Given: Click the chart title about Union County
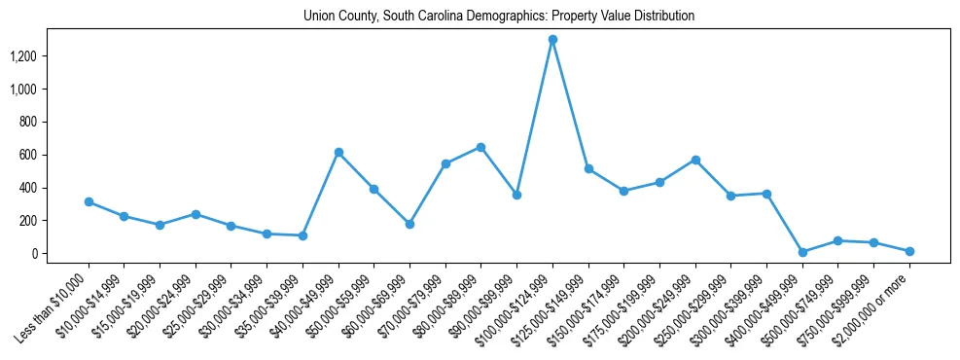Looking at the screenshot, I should pos(499,17).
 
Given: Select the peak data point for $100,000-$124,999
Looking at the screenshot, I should pos(552,40).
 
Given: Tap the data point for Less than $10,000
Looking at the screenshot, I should pos(89,202).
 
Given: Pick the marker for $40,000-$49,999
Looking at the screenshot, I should pos(338,152).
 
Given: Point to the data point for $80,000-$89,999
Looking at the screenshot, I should pos(480,147).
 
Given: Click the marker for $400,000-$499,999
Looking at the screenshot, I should pos(802,252).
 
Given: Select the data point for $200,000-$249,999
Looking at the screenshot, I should pos(695,160).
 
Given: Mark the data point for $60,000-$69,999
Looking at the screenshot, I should pos(409,224).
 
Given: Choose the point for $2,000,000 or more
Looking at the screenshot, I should pos(909,251).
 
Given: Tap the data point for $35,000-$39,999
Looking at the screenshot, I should pos(302,235).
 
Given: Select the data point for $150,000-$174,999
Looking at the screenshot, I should pos(624,191).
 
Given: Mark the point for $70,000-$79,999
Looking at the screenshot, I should pos(445,163).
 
